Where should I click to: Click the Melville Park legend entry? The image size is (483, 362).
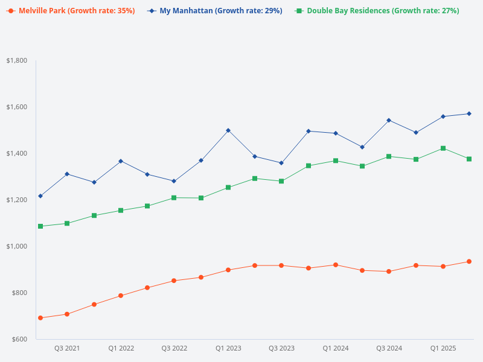point(71,11)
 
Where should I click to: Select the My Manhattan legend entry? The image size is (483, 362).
point(215,11)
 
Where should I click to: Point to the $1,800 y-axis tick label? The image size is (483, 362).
point(17,60)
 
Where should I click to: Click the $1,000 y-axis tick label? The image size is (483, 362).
point(17,246)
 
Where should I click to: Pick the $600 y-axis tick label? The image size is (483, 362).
point(19,339)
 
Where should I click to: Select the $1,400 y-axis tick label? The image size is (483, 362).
point(17,153)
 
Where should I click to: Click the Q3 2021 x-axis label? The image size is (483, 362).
point(67,349)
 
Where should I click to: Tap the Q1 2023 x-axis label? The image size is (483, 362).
point(228,349)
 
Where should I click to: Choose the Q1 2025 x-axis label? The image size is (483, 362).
point(443,349)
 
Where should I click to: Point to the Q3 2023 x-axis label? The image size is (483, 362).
point(281,349)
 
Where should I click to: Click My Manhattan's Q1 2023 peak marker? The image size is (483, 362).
point(228,130)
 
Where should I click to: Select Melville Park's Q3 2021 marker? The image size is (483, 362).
point(67,314)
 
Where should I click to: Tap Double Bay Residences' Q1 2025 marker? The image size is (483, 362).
point(443,148)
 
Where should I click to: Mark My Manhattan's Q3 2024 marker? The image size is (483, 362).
point(389,120)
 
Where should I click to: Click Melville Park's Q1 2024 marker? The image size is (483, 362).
point(335,265)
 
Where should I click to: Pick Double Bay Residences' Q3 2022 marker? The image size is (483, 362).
point(174,198)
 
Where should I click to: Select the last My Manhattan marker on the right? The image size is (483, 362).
point(469,113)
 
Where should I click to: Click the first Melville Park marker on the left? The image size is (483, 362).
point(40,318)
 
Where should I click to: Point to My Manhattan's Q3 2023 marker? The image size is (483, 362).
point(281,163)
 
